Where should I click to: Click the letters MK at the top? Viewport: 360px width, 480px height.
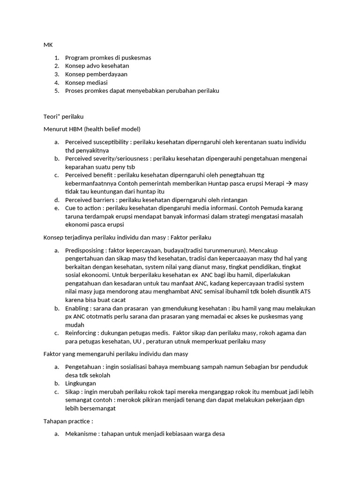coord(48,45)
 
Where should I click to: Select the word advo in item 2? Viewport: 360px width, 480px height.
coord(97,66)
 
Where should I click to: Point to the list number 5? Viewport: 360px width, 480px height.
coord(56,91)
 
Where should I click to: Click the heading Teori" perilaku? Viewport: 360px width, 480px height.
coord(63,116)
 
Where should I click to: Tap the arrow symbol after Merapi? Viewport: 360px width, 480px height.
coord(289,183)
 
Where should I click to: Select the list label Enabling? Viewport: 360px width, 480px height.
coord(77,308)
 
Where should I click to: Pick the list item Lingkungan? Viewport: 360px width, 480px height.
coord(80,383)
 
